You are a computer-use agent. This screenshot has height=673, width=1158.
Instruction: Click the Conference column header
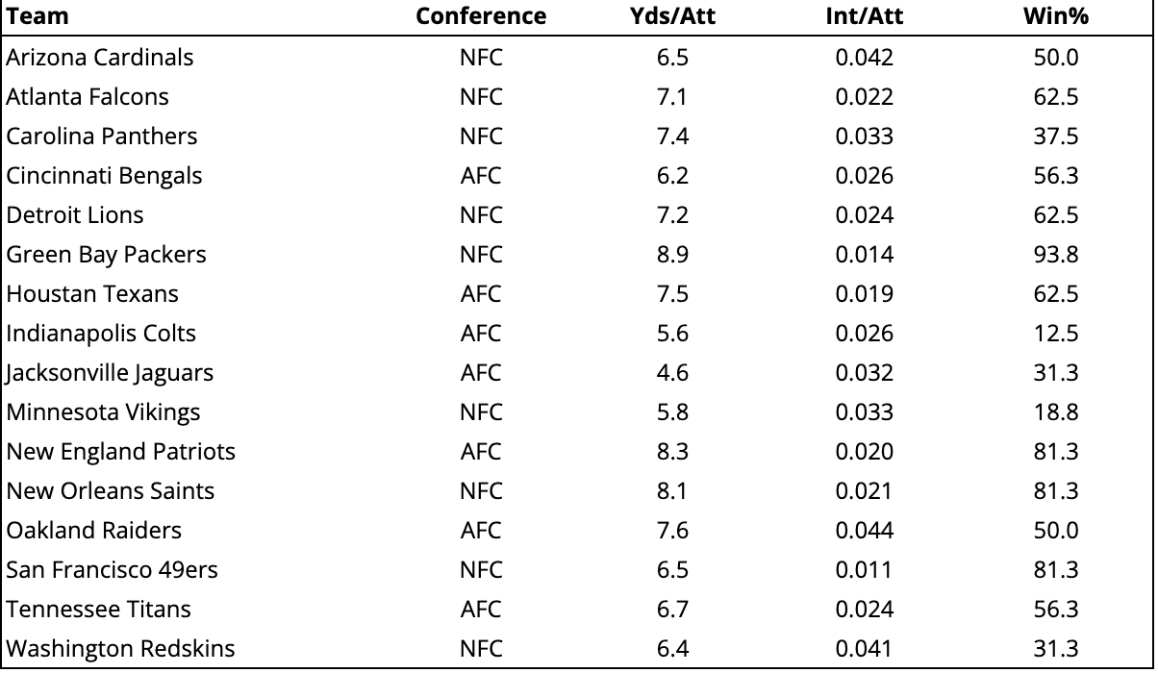point(480,16)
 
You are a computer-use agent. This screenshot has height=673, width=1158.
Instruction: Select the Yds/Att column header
point(672,16)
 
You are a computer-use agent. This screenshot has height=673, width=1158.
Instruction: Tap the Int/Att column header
point(864,16)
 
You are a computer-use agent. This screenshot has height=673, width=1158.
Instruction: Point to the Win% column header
point(1055,16)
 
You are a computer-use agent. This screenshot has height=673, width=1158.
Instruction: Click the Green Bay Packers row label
point(106,255)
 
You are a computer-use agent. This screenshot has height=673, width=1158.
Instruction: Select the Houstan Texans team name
point(92,294)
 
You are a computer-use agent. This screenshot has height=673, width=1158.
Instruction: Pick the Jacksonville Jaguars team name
point(110,373)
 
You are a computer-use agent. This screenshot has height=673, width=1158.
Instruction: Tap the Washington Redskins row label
point(120,649)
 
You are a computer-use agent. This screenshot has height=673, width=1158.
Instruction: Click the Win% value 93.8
point(1055,255)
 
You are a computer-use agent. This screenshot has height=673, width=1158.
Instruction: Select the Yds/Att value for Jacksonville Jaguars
point(672,373)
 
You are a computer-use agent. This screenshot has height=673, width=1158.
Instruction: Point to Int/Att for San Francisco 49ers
point(864,570)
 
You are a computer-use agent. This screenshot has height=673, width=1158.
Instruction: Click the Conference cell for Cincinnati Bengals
point(480,176)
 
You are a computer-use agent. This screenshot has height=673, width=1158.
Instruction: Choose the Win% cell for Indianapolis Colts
point(1055,334)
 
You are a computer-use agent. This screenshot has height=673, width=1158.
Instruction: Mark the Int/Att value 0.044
point(864,531)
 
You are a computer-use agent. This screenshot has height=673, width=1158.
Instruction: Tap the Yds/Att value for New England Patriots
point(672,452)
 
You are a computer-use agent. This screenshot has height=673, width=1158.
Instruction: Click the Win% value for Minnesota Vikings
point(1055,412)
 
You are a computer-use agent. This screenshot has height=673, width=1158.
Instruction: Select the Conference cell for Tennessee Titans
point(480,610)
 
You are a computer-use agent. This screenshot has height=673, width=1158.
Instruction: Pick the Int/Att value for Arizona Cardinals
point(864,58)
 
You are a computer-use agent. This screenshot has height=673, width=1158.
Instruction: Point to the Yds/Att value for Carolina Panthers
point(672,137)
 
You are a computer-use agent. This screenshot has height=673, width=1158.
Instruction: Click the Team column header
point(38,16)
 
